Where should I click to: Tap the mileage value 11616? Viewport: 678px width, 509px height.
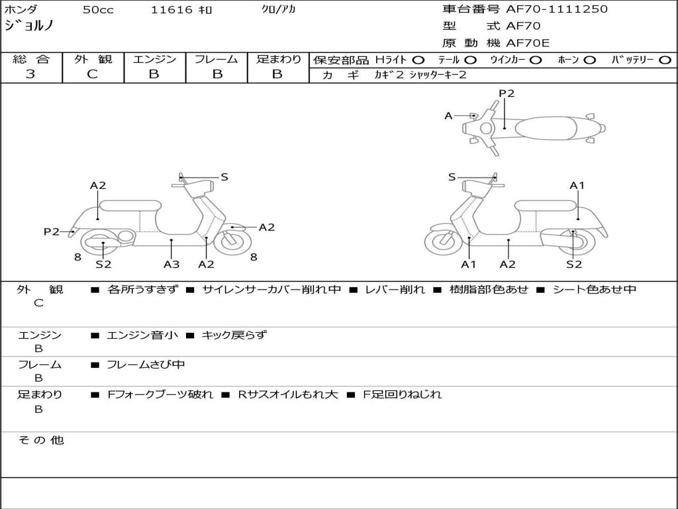[x=171, y=10]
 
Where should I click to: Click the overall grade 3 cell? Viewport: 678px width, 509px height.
[x=30, y=74]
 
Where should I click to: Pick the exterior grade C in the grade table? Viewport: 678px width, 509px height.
[x=93, y=74]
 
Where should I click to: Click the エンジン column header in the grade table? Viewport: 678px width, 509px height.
[x=154, y=60]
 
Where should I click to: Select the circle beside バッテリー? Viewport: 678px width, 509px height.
[x=665, y=60]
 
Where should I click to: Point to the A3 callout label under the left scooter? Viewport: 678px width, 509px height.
[x=171, y=264]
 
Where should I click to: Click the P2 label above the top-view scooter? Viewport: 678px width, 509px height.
[x=507, y=93]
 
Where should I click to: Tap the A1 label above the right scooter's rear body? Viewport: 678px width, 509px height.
[x=577, y=186]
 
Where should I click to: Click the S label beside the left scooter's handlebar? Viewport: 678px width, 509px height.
[x=224, y=177]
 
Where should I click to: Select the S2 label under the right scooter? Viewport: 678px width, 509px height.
[x=574, y=264]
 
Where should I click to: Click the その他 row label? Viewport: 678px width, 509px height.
[x=40, y=439]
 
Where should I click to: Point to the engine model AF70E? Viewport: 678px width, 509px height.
[x=528, y=44]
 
